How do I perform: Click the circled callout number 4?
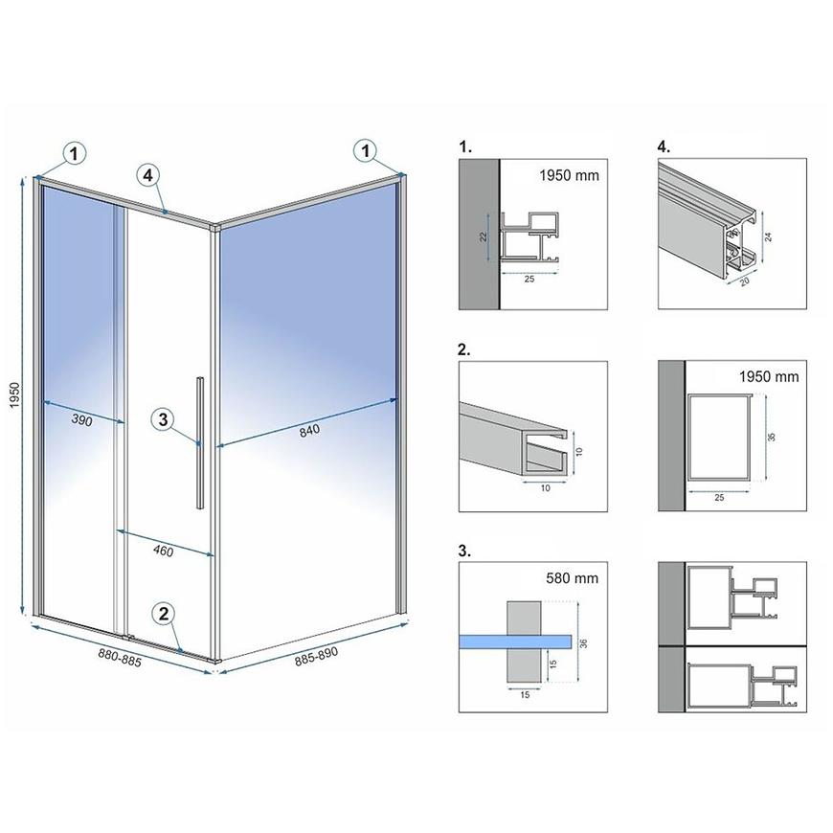(147, 175)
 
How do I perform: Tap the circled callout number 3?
(163, 419)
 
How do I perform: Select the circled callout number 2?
(163, 614)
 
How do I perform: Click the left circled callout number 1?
(74, 153)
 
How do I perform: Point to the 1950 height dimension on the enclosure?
(14, 395)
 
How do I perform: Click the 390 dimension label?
(81, 420)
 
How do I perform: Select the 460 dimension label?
(163, 551)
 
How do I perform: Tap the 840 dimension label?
(309, 430)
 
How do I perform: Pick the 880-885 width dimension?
(120, 658)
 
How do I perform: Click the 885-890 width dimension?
(317, 657)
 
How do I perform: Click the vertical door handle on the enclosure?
(200, 443)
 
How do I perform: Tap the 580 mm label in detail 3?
(573, 578)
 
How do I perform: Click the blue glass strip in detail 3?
(515, 642)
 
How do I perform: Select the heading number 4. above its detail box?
(664, 146)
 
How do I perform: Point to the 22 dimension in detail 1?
(483, 236)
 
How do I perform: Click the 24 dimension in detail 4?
(768, 236)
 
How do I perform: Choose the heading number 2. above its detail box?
(463, 349)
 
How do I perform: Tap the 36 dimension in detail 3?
(583, 643)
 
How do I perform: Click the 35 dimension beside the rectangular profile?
(772, 437)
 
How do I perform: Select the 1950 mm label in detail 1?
(569, 175)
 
